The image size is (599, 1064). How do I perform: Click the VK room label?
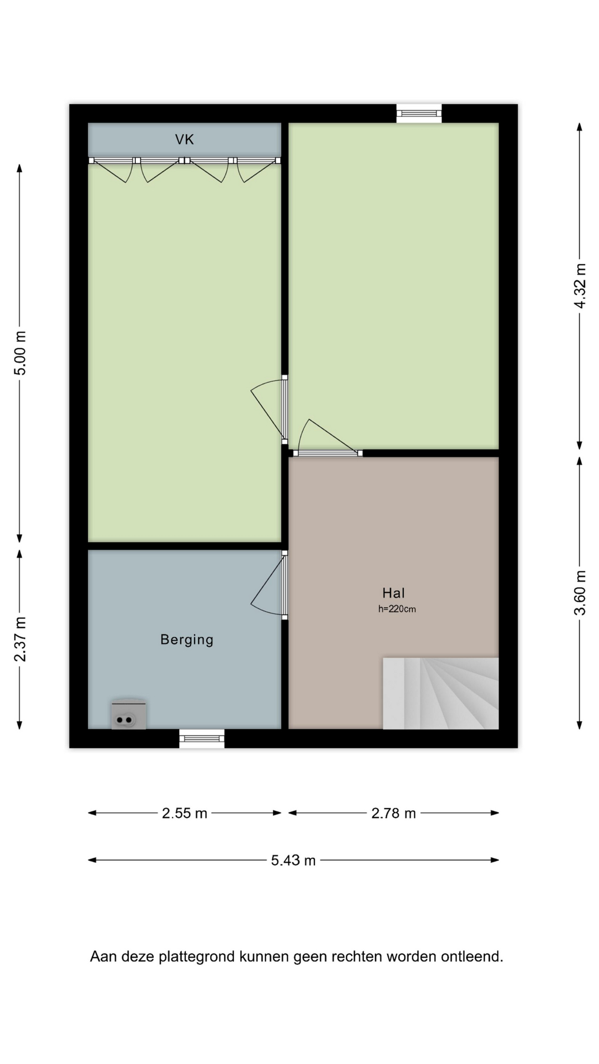pyautogui.click(x=185, y=140)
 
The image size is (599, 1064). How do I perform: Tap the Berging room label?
pyautogui.click(x=187, y=640)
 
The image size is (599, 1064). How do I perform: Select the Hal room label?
pyautogui.click(x=393, y=593)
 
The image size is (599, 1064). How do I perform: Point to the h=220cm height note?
pyautogui.click(x=397, y=609)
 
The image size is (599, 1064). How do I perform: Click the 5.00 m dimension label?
pyautogui.click(x=20, y=353)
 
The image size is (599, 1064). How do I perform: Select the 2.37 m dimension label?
pyautogui.click(x=20, y=639)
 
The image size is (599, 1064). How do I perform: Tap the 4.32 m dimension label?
pyautogui.click(x=580, y=286)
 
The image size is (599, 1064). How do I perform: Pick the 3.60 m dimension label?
pyautogui.click(x=580, y=593)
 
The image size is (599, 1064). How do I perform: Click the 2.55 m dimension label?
pyautogui.click(x=185, y=813)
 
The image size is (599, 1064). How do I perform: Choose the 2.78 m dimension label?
pyautogui.click(x=394, y=813)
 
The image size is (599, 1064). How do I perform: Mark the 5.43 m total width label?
pyautogui.click(x=293, y=860)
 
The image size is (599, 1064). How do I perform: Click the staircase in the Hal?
pyautogui.click(x=441, y=693)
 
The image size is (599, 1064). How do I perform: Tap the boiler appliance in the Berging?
pyautogui.click(x=129, y=714)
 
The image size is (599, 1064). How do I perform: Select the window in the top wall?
pyautogui.click(x=419, y=114)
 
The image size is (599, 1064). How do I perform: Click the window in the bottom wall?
pyautogui.click(x=202, y=738)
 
